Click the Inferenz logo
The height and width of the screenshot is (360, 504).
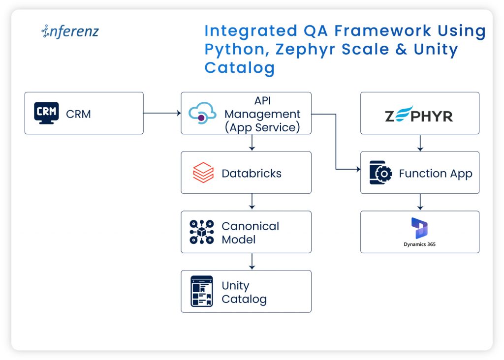coord(70,32)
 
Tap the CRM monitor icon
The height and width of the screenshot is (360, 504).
coord(46,113)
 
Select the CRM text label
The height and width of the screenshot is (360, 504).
coord(78,114)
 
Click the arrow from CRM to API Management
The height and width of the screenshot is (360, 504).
coord(162,113)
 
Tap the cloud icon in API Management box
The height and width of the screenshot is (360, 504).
coord(202,113)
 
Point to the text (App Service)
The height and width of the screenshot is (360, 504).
coord(262,127)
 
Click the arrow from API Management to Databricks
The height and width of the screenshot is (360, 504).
coord(252,143)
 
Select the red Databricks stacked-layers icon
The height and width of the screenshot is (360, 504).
coord(203,173)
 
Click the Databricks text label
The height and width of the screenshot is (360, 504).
coord(252,173)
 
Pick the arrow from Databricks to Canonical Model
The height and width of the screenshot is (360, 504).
coord(252,202)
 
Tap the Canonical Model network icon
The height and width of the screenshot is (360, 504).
coord(202,232)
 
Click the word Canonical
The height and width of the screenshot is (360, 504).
coord(250,226)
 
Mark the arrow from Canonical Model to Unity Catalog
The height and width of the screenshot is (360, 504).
coord(252,261)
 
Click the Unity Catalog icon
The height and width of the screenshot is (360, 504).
coord(202,291)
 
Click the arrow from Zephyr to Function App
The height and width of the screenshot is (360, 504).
coord(420,143)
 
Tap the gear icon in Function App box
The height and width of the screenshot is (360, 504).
coord(381,173)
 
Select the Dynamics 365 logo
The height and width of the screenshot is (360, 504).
coord(419,231)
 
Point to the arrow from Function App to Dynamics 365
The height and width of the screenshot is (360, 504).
coord(420,202)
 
